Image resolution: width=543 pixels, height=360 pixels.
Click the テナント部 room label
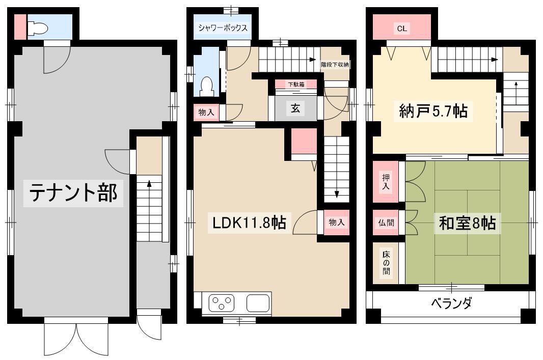pos(73,192)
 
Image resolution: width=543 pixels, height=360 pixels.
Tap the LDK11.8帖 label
pos(249,223)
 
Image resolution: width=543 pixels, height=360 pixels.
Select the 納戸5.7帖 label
pos(433,111)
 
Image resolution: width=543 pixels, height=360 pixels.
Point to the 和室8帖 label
pos(467,223)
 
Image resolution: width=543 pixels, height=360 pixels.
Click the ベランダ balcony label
pos(451,303)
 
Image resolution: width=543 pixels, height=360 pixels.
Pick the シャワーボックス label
pos(223,27)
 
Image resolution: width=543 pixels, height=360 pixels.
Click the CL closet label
pos(402,29)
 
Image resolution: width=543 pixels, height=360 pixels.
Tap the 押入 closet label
pos(386,182)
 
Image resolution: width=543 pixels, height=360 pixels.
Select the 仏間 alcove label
pos(386,223)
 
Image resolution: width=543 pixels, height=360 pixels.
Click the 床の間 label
pos(386,263)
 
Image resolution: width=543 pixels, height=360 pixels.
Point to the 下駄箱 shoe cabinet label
pos(296,84)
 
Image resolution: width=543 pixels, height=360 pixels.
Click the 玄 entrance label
pos(295,108)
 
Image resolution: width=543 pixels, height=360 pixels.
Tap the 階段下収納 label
pos(335,64)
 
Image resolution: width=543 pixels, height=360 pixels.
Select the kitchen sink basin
pos(258,303)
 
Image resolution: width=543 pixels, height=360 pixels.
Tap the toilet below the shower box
pos(207,87)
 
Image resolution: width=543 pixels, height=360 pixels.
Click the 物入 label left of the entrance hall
pos(206,112)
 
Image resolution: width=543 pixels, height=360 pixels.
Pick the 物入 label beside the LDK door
pos(336,222)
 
